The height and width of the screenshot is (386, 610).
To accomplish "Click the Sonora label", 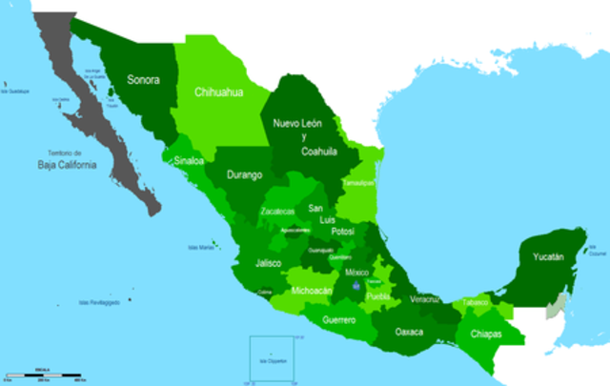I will point(143,81).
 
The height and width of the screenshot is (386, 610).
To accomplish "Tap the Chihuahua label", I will point(220,92).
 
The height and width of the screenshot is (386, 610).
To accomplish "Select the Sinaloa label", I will point(189,161).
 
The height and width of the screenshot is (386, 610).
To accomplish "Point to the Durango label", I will point(246,175).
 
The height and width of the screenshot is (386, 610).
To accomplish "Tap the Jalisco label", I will point(269,262).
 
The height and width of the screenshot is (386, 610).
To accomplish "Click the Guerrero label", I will point(339,319).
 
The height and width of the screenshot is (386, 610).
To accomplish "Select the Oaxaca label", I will point(412,333).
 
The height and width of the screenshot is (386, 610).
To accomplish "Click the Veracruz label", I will point(425,299).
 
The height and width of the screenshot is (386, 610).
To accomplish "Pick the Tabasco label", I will point(476,303).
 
